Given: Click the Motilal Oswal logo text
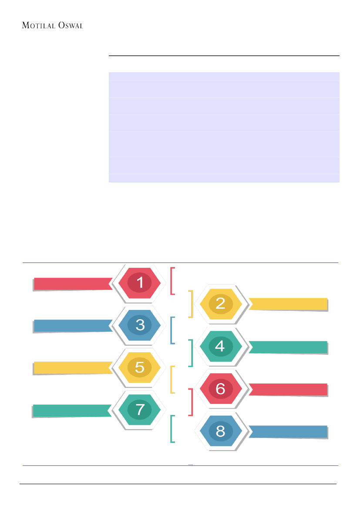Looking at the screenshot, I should [x=52, y=26].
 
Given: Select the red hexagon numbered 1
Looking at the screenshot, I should [x=140, y=283].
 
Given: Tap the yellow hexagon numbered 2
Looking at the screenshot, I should [x=220, y=303].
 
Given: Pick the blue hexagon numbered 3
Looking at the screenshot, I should [x=140, y=325].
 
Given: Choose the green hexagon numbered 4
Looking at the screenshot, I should [x=220, y=346].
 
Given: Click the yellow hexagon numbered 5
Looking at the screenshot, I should [x=140, y=367].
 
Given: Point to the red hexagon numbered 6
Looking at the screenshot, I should [x=220, y=388].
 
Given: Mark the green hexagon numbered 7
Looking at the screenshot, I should [x=140, y=410].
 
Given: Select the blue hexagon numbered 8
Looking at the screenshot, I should [x=220, y=431].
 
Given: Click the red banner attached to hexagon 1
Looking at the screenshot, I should [x=72, y=283].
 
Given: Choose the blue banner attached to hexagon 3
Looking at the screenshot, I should [x=72, y=326].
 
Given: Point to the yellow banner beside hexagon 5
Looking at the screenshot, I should [x=72, y=367].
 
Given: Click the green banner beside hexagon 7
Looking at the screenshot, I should [x=72, y=410].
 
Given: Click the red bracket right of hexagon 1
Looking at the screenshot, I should [x=172, y=280].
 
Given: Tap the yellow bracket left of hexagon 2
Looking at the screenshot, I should [x=191, y=303].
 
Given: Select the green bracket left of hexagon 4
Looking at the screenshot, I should [x=191, y=353].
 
